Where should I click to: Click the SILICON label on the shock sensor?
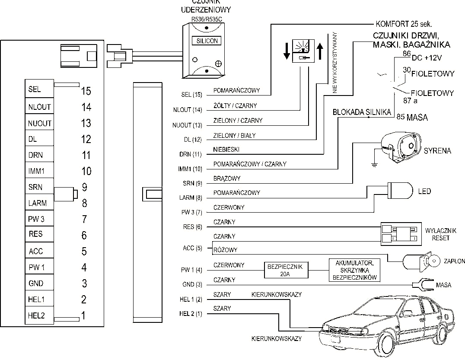207,41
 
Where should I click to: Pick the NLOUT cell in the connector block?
39,107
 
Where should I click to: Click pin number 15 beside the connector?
86,91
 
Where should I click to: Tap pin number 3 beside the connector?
84,284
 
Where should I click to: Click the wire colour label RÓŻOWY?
225,250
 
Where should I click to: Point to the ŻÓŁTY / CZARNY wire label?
234,105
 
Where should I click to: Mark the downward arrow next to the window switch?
286,51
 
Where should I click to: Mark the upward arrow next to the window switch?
320,51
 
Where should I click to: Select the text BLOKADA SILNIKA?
361,112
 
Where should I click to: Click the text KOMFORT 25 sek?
404,24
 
